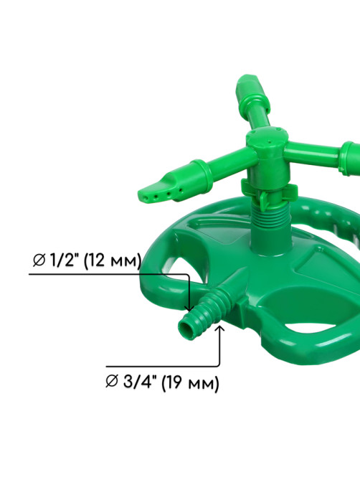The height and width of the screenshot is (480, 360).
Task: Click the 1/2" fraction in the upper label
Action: [x=64, y=260]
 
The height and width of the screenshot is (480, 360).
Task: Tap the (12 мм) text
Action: [x=112, y=261]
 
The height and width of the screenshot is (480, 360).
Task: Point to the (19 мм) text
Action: [x=190, y=383]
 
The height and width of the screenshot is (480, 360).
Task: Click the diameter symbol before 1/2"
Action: [x=39, y=260]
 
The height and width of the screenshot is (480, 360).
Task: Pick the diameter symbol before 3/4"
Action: [x=112, y=382]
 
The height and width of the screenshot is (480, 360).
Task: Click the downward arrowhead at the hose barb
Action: [x=190, y=308]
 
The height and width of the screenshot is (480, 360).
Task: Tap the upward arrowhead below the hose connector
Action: [x=219, y=329]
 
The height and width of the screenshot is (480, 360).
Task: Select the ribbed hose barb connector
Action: [x=204, y=314]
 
